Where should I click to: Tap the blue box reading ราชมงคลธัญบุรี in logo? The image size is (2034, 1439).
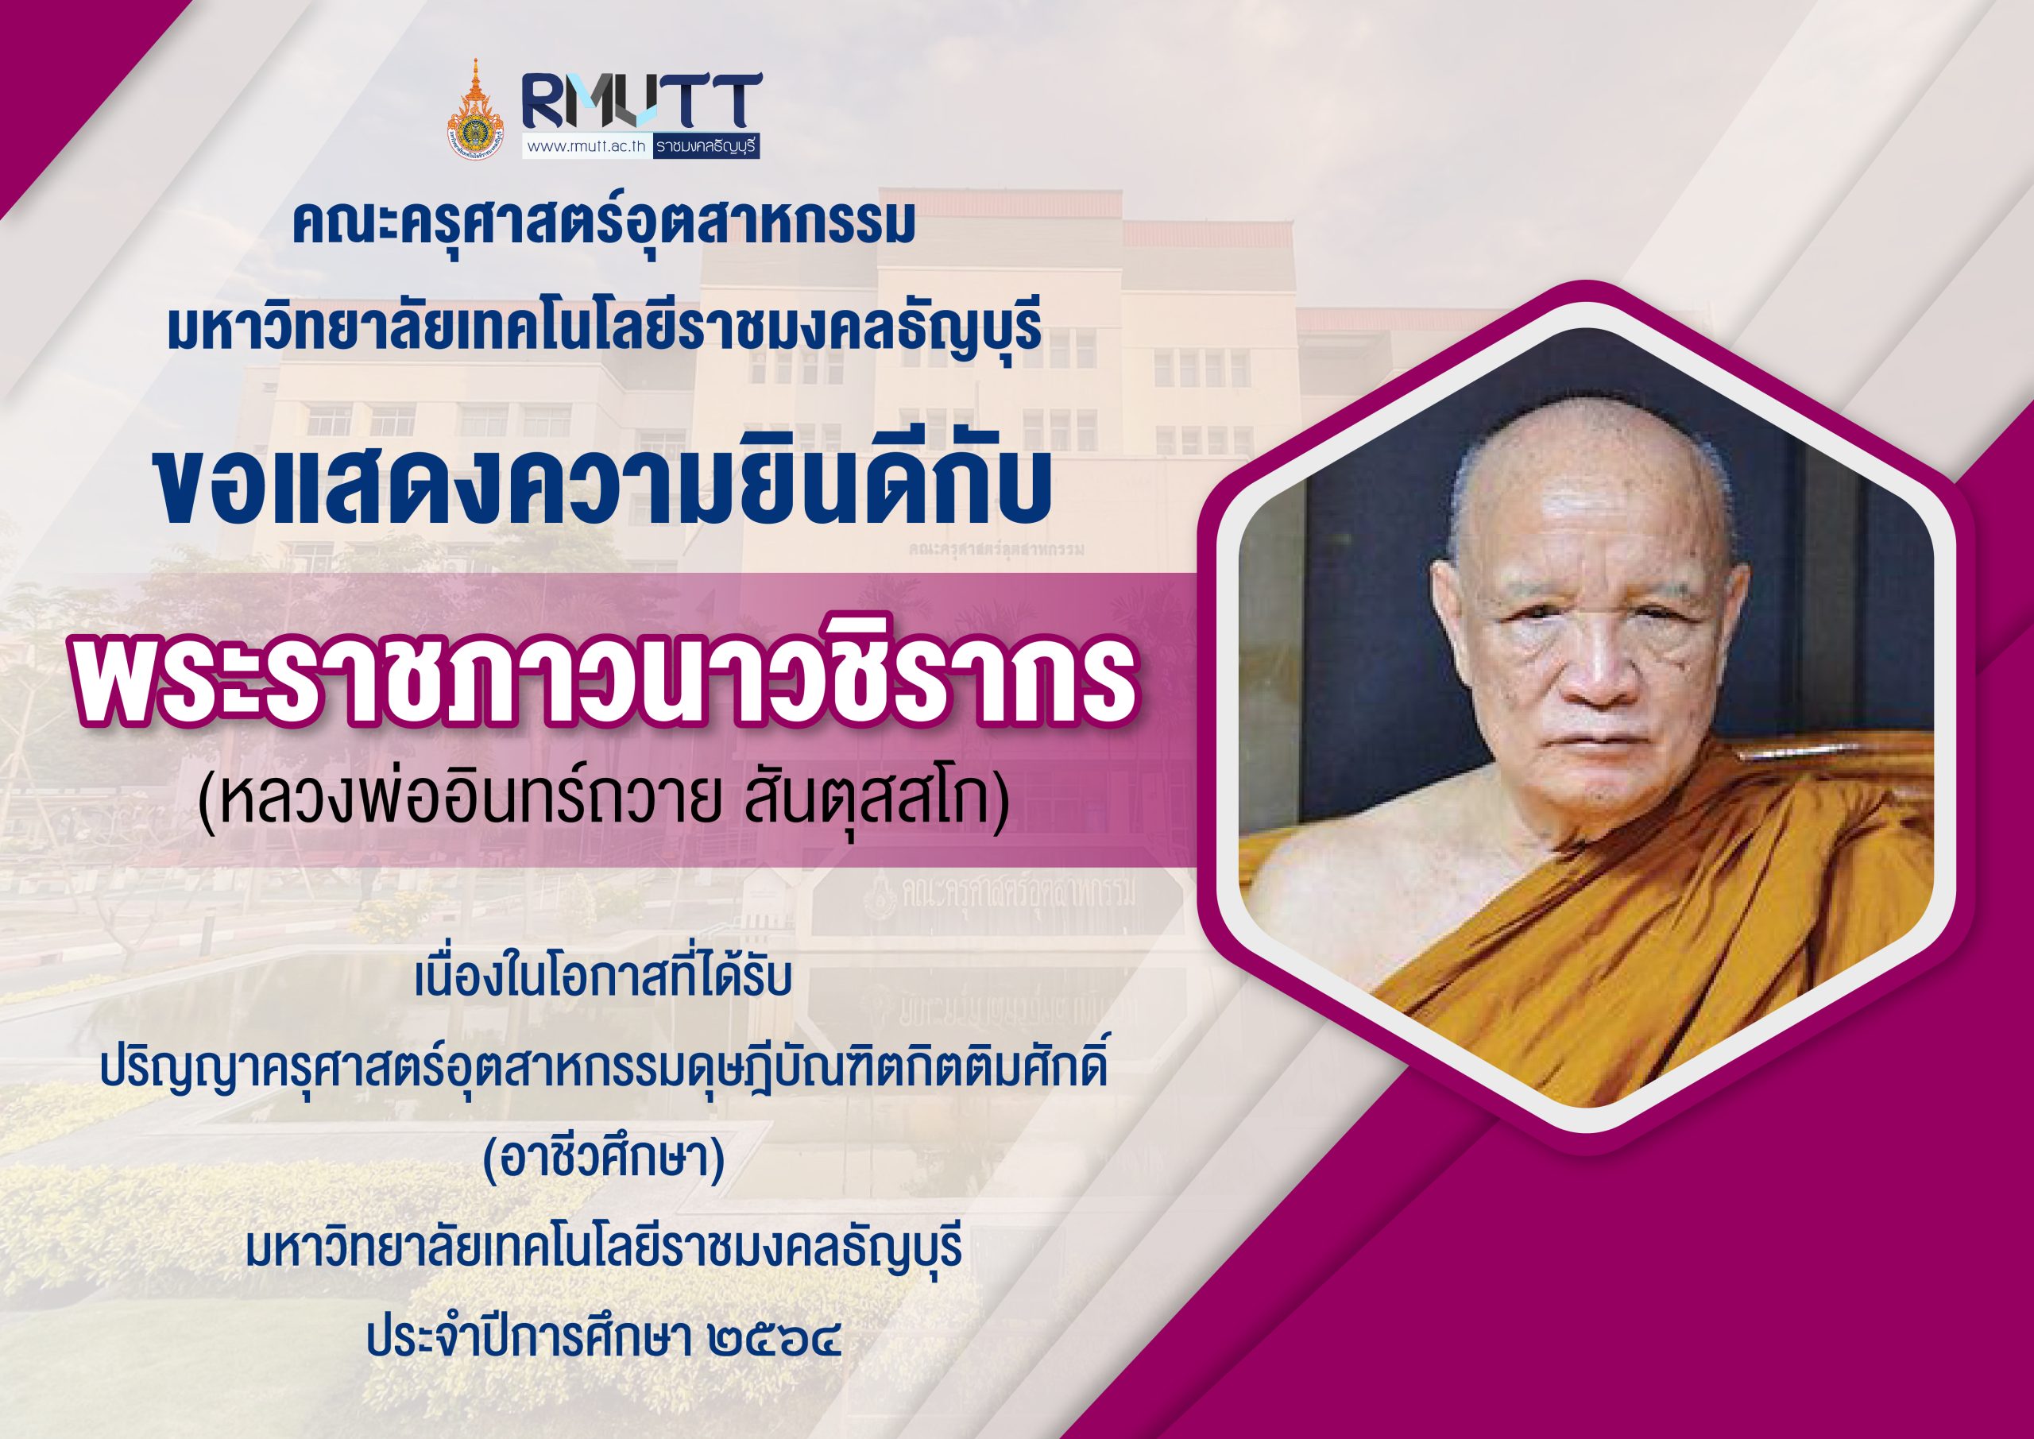pyautogui.click(x=707, y=147)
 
